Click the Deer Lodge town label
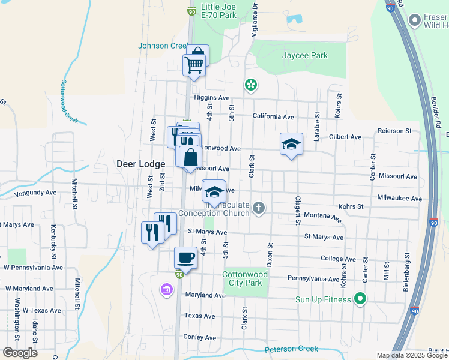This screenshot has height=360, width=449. (x=138, y=163)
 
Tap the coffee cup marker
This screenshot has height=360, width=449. (x=185, y=258)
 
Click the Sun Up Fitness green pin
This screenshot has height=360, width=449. (x=360, y=298)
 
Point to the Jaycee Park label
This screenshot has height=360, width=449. (x=305, y=55)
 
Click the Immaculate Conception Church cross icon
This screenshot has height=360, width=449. (x=259, y=208)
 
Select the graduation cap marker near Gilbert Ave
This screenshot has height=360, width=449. (x=291, y=144)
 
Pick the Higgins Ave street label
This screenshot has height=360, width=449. (x=212, y=98)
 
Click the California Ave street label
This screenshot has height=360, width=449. (x=273, y=116)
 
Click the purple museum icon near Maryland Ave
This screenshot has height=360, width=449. (x=167, y=290)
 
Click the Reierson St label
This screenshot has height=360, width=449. (x=394, y=130)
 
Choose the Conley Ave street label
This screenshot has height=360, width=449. (x=199, y=337)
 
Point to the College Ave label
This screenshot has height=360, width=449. (x=339, y=259)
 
